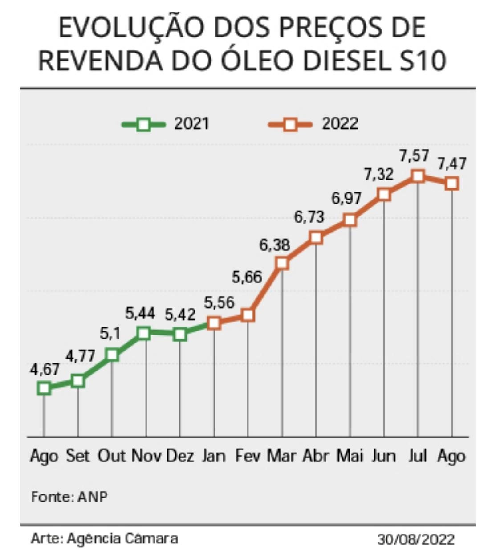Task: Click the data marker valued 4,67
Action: tap(44, 388)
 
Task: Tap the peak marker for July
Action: tap(418, 176)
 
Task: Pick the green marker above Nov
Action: tap(143, 333)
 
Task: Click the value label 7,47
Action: tap(451, 163)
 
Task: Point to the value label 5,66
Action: tap(247, 277)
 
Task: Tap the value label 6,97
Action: tap(346, 198)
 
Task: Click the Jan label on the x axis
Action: tap(214, 456)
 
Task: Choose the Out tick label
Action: tap(112, 456)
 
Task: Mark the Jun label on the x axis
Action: tap(384, 456)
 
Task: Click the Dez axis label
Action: tap(180, 456)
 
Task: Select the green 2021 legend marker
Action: tap(143, 124)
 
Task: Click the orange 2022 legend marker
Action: tap(290, 124)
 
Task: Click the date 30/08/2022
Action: tap(416, 539)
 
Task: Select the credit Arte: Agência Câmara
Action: tap(104, 539)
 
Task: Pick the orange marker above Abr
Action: tap(316, 237)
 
